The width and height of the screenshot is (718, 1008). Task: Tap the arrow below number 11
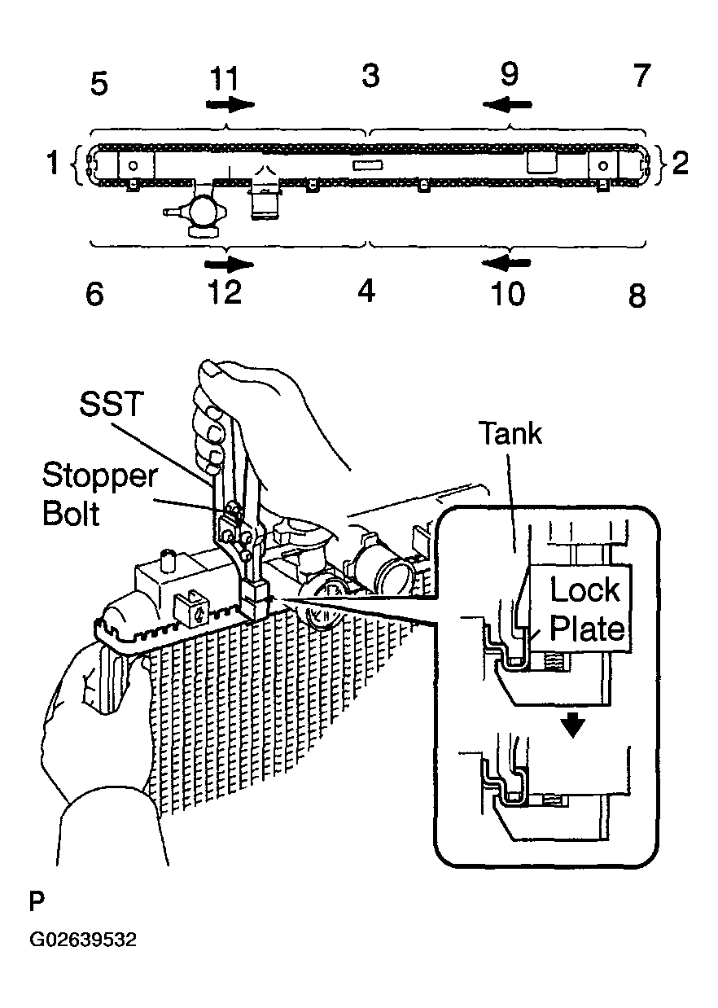click(x=230, y=105)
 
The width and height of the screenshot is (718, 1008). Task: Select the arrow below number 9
click(x=507, y=105)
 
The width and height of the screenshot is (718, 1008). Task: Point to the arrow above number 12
click(x=230, y=264)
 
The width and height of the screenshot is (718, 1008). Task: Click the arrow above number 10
click(x=506, y=263)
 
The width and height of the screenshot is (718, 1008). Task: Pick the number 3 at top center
click(x=370, y=75)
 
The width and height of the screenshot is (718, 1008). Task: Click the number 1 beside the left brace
click(x=54, y=163)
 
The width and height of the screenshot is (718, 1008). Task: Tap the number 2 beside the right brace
click(x=680, y=163)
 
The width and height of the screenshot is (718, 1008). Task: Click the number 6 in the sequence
click(x=95, y=293)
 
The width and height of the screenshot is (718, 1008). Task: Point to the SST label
click(x=111, y=403)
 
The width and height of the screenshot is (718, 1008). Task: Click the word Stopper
click(x=100, y=476)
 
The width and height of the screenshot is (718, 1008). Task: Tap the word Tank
click(x=512, y=433)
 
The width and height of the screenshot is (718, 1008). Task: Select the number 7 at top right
click(x=642, y=75)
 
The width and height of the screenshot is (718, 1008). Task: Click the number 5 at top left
click(x=99, y=84)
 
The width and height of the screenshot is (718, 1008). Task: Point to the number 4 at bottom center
click(x=366, y=291)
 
